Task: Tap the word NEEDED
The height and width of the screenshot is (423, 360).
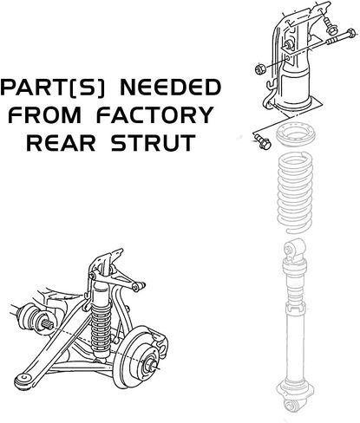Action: coord(171,88)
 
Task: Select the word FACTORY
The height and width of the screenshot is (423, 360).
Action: coord(154,115)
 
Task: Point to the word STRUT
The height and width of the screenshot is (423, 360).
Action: coord(154,142)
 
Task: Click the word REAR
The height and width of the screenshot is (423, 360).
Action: coord(61,142)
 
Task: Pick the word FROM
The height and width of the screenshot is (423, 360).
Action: coord(45,115)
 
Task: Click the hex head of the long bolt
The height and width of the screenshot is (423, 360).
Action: coord(350,33)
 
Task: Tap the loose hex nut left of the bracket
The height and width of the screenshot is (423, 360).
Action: coord(260,69)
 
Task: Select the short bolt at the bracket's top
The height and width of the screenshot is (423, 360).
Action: coord(329,25)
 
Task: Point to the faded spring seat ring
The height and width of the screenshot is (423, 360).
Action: coord(295,135)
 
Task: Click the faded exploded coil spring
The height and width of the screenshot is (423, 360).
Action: coord(295,193)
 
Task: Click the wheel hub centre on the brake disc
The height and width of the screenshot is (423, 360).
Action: coord(152,365)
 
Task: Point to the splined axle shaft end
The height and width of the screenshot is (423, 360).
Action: coord(49,326)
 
